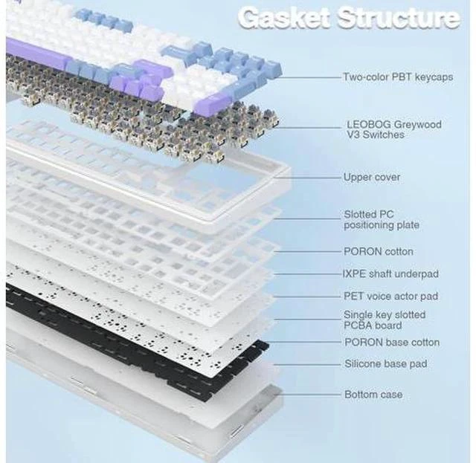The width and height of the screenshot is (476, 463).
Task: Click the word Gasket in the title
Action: tap(284, 18)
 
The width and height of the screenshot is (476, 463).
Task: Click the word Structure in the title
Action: tap(399, 18)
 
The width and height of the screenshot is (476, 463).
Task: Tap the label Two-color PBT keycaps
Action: tap(398, 77)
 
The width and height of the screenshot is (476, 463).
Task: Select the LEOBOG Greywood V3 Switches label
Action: tap(394, 129)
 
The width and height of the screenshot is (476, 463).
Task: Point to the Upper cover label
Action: tap(372, 177)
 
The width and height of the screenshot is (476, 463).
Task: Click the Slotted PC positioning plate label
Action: tap(382, 220)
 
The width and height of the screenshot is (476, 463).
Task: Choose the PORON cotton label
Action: tap(379, 251)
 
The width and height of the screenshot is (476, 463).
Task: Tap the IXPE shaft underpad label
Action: tap(390, 274)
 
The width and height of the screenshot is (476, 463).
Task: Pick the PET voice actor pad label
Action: tap(390, 296)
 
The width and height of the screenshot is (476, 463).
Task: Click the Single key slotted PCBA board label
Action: tap(385, 320)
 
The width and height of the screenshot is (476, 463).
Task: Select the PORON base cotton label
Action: tap(392, 343)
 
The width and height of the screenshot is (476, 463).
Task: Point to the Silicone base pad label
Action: tap(385, 363)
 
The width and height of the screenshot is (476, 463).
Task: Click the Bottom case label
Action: tap(373, 395)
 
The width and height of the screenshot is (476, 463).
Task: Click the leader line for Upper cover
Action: tap(312, 177)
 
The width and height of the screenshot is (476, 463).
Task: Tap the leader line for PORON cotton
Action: tap(307, 251)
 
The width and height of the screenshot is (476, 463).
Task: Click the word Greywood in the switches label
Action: tap(417, 125)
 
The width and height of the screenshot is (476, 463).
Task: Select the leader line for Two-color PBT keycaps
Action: tap(311, 77)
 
